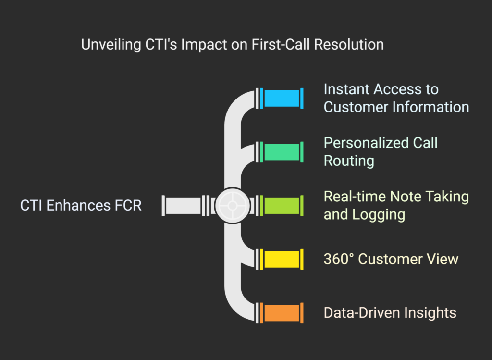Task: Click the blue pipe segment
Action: (282, 98)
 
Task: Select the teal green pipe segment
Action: (282, 151)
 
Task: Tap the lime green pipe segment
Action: (282, 205)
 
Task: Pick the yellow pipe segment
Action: (282, 259)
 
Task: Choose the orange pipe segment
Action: (282, 312)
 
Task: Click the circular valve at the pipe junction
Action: (232, 205)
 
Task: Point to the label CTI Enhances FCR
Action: (81, 206)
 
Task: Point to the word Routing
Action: (349, 161)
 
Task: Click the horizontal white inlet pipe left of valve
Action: (183, 205)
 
